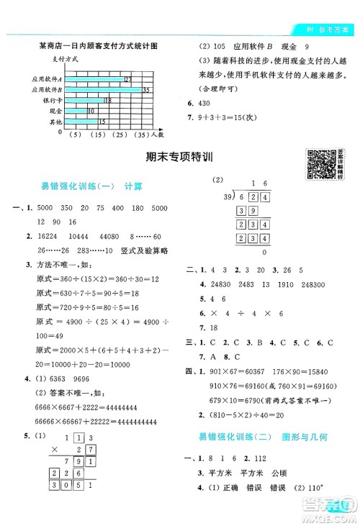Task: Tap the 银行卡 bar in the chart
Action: pyautogui.click(x=85, y=100)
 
